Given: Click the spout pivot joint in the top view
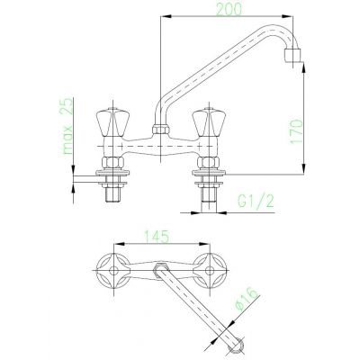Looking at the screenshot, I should point(162,268).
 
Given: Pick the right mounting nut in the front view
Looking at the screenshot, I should point(212,166).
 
